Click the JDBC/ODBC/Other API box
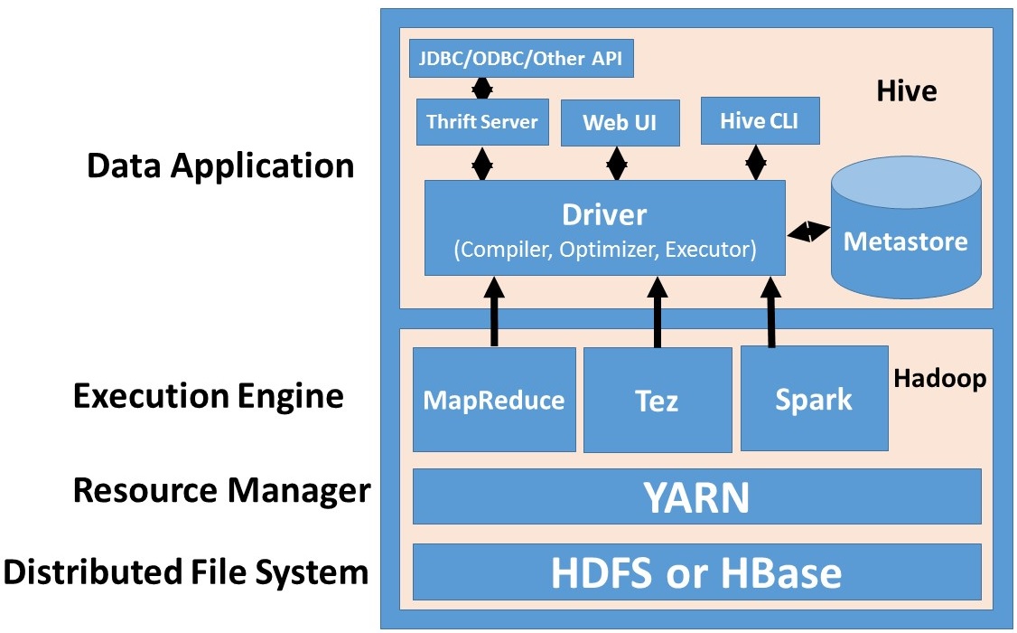[521, 59]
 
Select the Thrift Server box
[482, 122]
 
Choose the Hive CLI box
[760, 120]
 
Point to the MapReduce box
[494, 400]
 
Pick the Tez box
[657, 401]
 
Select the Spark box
[814, 399]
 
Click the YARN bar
[696, 496]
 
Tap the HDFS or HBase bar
[696, 572]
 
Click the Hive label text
[906, 91]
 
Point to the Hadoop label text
[939, 378]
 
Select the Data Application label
[220, 166]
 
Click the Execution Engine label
[209, 396]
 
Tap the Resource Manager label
[221, 491]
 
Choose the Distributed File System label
[187, 572]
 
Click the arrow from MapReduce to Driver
[494, 312]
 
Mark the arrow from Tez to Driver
[657, 312]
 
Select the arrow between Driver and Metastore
[808, 232]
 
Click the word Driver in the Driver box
[604, 215]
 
